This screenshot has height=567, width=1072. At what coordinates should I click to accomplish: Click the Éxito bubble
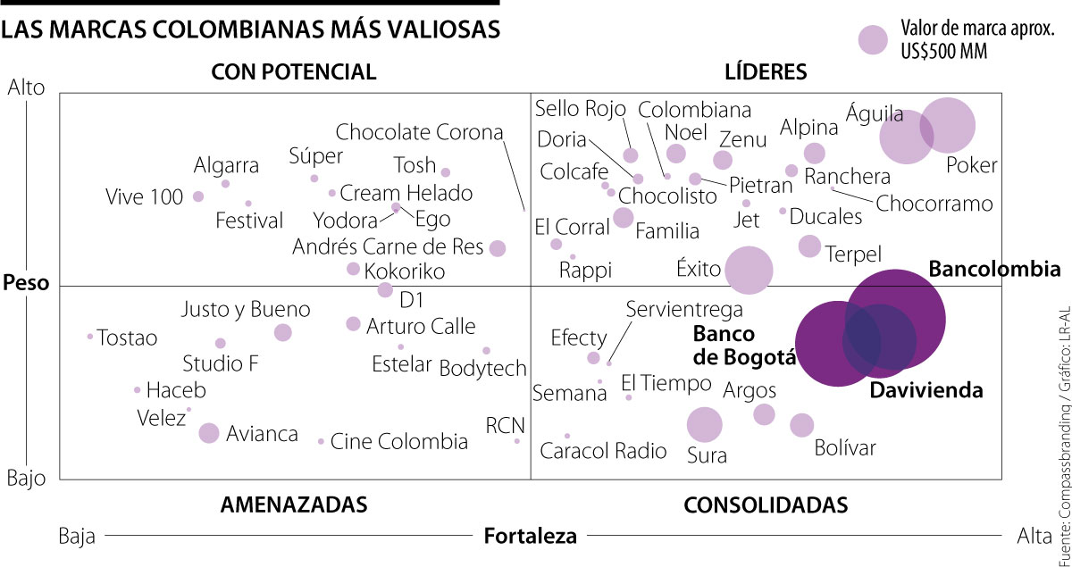click(x=749, y=270)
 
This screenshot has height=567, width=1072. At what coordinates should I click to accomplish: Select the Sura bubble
click(x=704, y=425)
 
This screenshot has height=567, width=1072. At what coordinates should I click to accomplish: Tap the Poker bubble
click(x=947, y=126)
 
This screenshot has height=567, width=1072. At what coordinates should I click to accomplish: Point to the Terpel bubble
click(x=809, y=246)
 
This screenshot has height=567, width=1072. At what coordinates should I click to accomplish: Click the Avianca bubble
click(x=209, y=433)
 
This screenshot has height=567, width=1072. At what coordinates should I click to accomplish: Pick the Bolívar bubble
click(x=802, y=425)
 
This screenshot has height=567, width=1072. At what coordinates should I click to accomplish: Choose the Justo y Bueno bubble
click(x=283, y=332)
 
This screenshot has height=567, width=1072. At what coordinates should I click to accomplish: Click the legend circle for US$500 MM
click(x=873, y=40)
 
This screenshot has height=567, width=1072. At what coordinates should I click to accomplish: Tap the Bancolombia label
click(x=994, y=269)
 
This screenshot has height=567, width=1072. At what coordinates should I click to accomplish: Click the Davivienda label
click(x=926, y=390)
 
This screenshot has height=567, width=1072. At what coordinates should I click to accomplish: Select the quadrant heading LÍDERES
click(x=766, y=71)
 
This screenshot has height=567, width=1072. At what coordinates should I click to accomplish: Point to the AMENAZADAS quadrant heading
click(x=294, y=504)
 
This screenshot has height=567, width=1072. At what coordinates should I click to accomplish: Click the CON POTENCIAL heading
click(x=294, y=71)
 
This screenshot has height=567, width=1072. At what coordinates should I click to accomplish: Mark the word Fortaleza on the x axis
click(x=530, y=536)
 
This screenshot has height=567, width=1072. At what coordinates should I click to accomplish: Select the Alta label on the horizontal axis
click(x=1034, y=536)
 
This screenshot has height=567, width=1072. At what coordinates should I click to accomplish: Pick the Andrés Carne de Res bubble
click(x=498, y=248)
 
